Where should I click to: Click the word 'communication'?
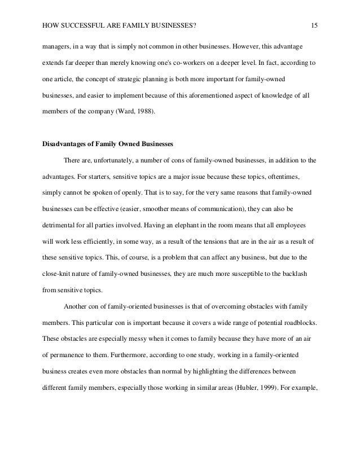(214, 209)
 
